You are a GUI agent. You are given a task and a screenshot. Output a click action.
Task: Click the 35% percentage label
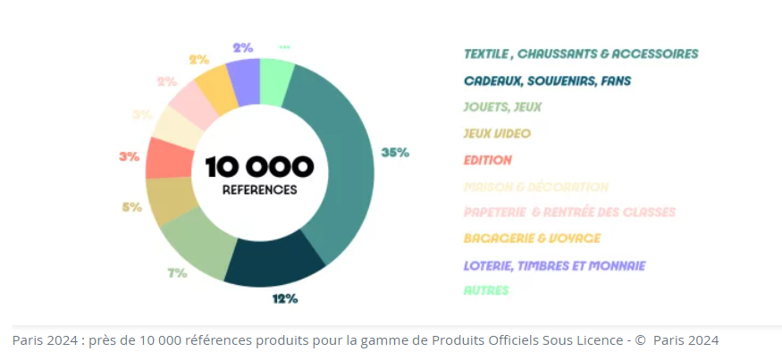coord(395,153)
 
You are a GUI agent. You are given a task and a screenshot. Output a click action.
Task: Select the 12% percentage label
coord(285,298)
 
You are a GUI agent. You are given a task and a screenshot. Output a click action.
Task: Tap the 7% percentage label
coord(176,272)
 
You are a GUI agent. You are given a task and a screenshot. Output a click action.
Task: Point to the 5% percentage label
coord(131,207)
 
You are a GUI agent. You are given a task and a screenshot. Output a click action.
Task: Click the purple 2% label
coord(242,48)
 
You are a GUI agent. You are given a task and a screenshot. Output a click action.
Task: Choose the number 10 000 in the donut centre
coord(259,166)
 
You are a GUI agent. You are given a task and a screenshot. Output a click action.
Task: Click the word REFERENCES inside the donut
coord(259,189)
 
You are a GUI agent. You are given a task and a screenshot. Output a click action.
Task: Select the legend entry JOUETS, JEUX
coord(502,107)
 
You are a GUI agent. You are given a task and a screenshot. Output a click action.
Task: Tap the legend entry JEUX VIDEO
coord(497,134)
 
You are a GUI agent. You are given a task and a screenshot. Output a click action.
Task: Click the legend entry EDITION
coord(488,160)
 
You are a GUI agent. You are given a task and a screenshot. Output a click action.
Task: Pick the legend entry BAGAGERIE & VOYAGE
coord(532,239)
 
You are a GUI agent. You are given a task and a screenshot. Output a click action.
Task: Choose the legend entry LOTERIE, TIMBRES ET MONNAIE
coord(554,265)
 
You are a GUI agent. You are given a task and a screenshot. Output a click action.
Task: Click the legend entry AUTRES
coord(487,290)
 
